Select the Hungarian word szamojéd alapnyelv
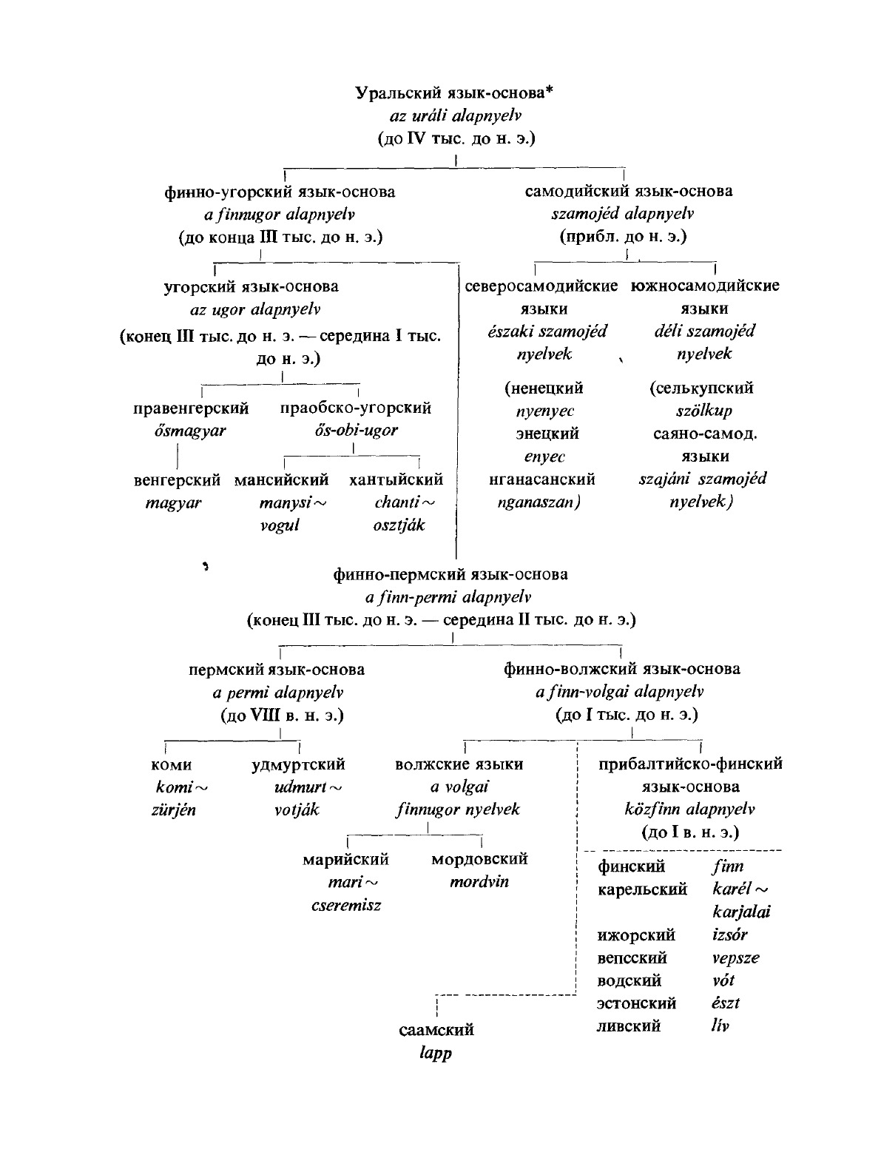622,215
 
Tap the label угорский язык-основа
251,286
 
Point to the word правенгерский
191,408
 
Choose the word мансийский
281,480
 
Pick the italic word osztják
399,526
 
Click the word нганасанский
542,480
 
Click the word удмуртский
298,764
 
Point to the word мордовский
479,859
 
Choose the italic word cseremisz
346,905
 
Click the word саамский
436,1030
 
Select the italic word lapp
436,1053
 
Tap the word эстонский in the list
637,1004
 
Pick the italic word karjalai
741,912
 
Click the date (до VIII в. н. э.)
281,716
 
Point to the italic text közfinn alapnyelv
690,809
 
